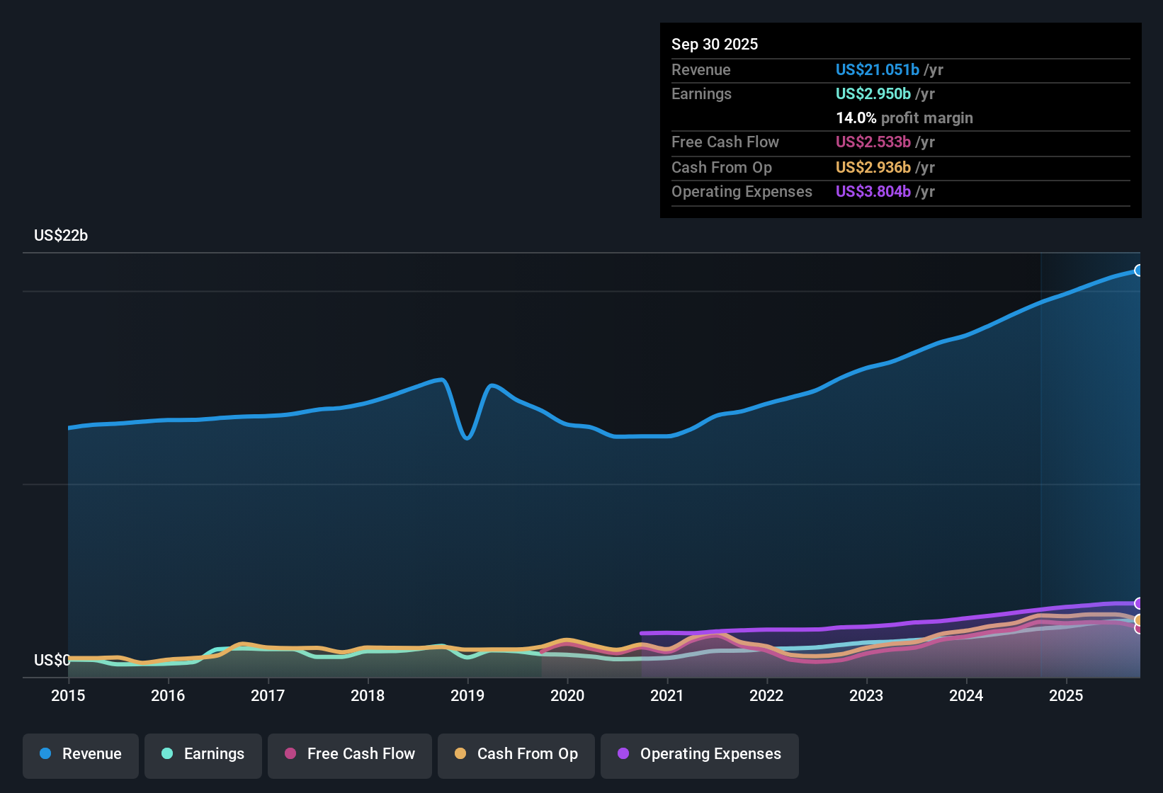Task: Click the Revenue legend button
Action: tap(81, 754)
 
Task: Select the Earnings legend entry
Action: tap(203, 754)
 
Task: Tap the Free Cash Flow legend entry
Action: tap(350, 754)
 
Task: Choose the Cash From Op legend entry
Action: tap(516, 754)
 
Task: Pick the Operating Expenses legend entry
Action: tap(700, 754)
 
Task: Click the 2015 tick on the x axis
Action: tap(68, 695)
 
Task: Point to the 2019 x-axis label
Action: tap(467, 695)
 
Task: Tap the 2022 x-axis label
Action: tap(766, 695)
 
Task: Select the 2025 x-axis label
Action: tap(1066, 695)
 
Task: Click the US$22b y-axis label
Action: tap(61, 236)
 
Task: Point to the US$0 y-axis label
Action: tap(52, 661)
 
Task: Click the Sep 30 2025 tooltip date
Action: tap(715, 45)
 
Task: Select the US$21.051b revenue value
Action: tap(878, 70)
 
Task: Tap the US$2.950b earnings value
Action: tap(873, 94)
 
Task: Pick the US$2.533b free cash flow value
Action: tap(873, 142)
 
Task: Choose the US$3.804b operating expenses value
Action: tap(873, 192)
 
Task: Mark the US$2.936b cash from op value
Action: tap(873, 168)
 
